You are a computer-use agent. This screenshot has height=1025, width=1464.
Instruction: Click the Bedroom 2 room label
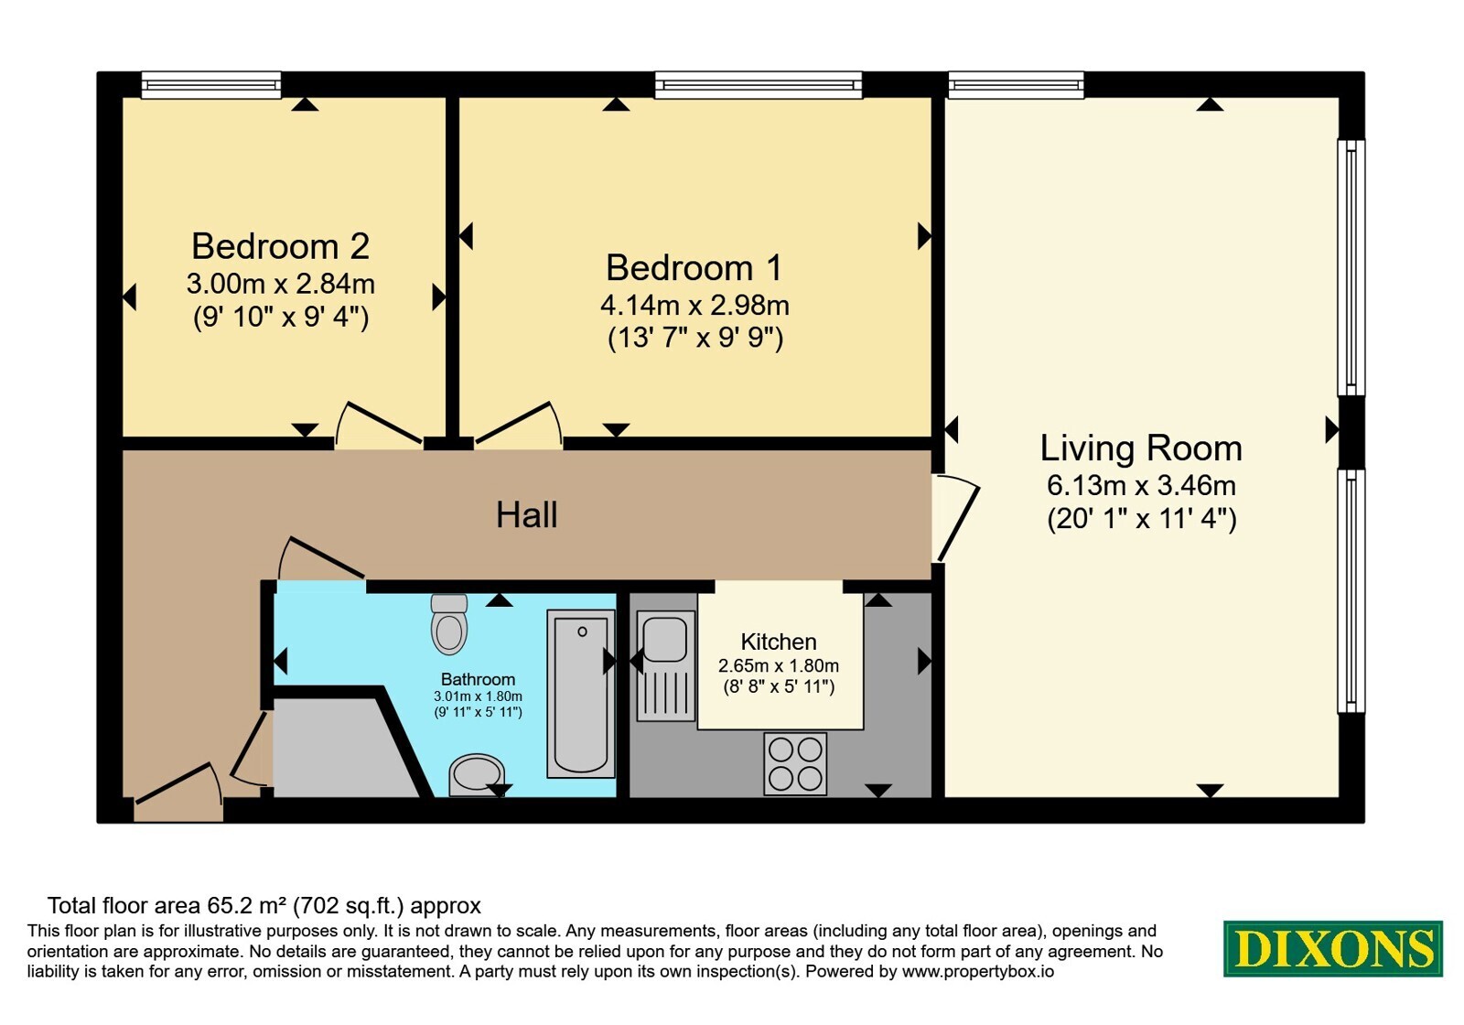coord(280,246)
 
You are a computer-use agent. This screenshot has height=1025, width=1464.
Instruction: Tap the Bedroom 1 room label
coord(694,267)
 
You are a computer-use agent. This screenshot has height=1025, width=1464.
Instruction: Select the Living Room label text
coord(1141,448)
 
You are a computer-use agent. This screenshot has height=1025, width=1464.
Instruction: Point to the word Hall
coord(527,515)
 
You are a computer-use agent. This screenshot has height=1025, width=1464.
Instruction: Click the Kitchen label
coord(779,642)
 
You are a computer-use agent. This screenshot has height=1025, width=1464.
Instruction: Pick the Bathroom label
coord(478,679)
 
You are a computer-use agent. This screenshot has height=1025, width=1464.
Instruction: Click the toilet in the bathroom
coord(449,623)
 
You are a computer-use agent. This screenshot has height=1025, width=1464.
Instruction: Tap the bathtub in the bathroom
coord(581,694)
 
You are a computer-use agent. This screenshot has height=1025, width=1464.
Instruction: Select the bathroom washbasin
coord(477,774)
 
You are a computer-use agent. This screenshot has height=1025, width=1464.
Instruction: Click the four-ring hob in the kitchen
coord(795,763)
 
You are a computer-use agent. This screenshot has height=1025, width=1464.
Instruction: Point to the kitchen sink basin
coord(664,639)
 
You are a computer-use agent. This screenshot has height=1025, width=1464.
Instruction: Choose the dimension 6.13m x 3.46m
coord(1141,486)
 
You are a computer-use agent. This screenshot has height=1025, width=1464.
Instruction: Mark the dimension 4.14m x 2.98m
coord(694,306)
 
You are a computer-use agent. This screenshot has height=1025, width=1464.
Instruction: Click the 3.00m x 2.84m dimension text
coord(280,284)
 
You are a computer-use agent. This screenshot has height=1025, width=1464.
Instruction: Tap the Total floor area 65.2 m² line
coord(264,905)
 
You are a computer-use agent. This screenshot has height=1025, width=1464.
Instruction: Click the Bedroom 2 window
coord(211,85)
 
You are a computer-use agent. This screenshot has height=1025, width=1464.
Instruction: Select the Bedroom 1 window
coord(759,85)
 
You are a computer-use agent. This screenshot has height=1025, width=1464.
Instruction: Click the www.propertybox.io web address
coord(978,971)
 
